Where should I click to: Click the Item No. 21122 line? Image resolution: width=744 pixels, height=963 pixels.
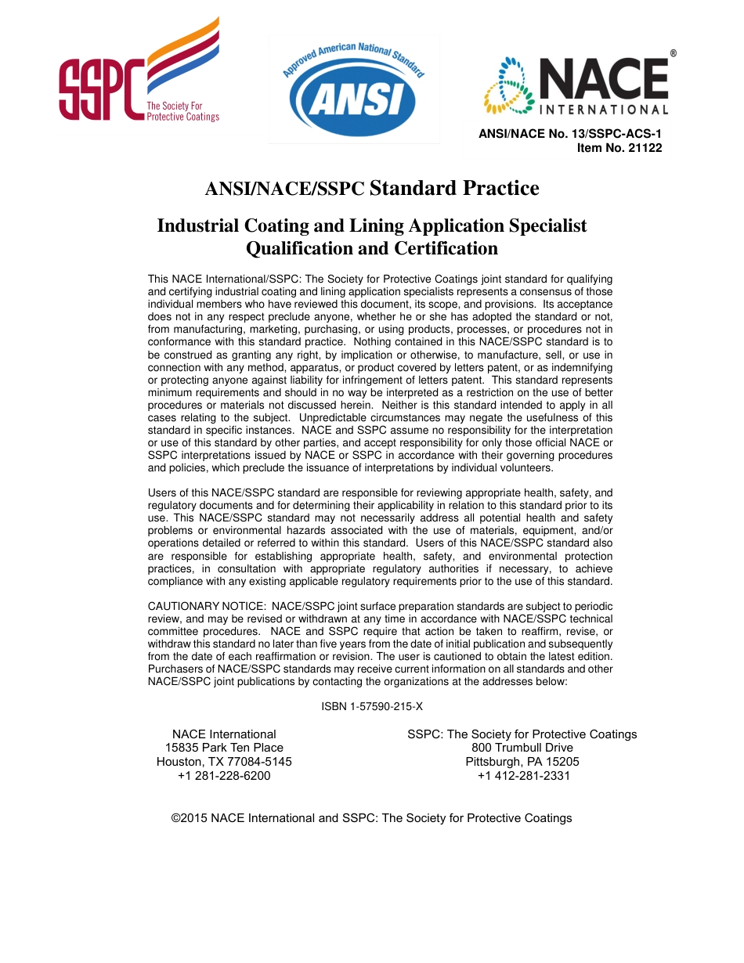[x=619, y=147]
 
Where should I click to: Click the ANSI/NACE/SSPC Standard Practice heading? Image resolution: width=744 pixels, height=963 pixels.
[x=372, y=189]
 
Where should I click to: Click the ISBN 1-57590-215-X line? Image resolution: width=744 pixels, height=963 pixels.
[x=372, y=706]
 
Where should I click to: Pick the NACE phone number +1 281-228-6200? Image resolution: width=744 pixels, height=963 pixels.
[x=224, y=776]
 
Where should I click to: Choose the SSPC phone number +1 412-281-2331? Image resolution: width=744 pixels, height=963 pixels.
[x=523, y=776]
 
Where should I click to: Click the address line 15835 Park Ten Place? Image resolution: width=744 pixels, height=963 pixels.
[x=224, y=748]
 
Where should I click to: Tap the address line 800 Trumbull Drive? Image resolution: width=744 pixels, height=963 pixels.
[x=522, y=748]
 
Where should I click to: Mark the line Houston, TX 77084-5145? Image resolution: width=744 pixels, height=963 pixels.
[x=224, y=762]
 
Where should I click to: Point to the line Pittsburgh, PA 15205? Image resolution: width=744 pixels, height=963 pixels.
[x=522, y=762]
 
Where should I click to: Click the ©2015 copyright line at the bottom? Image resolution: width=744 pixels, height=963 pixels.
[x=371, y=818]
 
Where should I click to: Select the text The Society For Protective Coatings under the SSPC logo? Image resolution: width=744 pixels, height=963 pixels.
[x=183, y=112]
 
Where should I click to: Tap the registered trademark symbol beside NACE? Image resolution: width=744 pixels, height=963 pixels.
[x=674, y=53]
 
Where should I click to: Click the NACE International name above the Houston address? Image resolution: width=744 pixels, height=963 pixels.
[x=224, y=734]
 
